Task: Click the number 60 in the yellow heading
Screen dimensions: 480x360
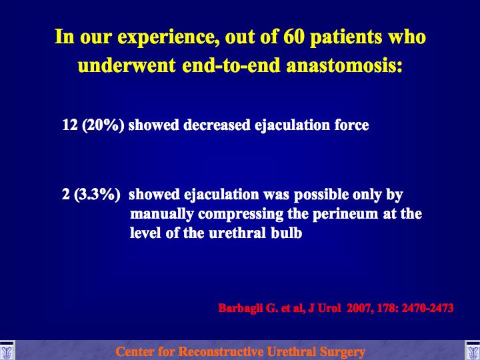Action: pos(294,37)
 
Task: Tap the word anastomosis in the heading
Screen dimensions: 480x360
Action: pos(345,65)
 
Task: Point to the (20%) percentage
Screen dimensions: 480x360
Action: pos(103,125)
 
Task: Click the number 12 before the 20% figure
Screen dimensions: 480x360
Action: pos(70,125)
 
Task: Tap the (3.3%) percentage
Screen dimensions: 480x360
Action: pos(97,195)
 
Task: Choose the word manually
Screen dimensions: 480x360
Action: pos(162,215)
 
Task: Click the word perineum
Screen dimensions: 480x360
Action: pos(345,215)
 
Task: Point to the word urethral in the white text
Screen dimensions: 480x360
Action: pos(237,233)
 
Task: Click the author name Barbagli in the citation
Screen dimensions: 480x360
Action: pos(241,308)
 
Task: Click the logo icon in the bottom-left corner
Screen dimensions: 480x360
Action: pos(7,350)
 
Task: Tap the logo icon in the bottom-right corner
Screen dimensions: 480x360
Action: pos(473,350)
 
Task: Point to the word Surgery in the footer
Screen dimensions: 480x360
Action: pos(342,352)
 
